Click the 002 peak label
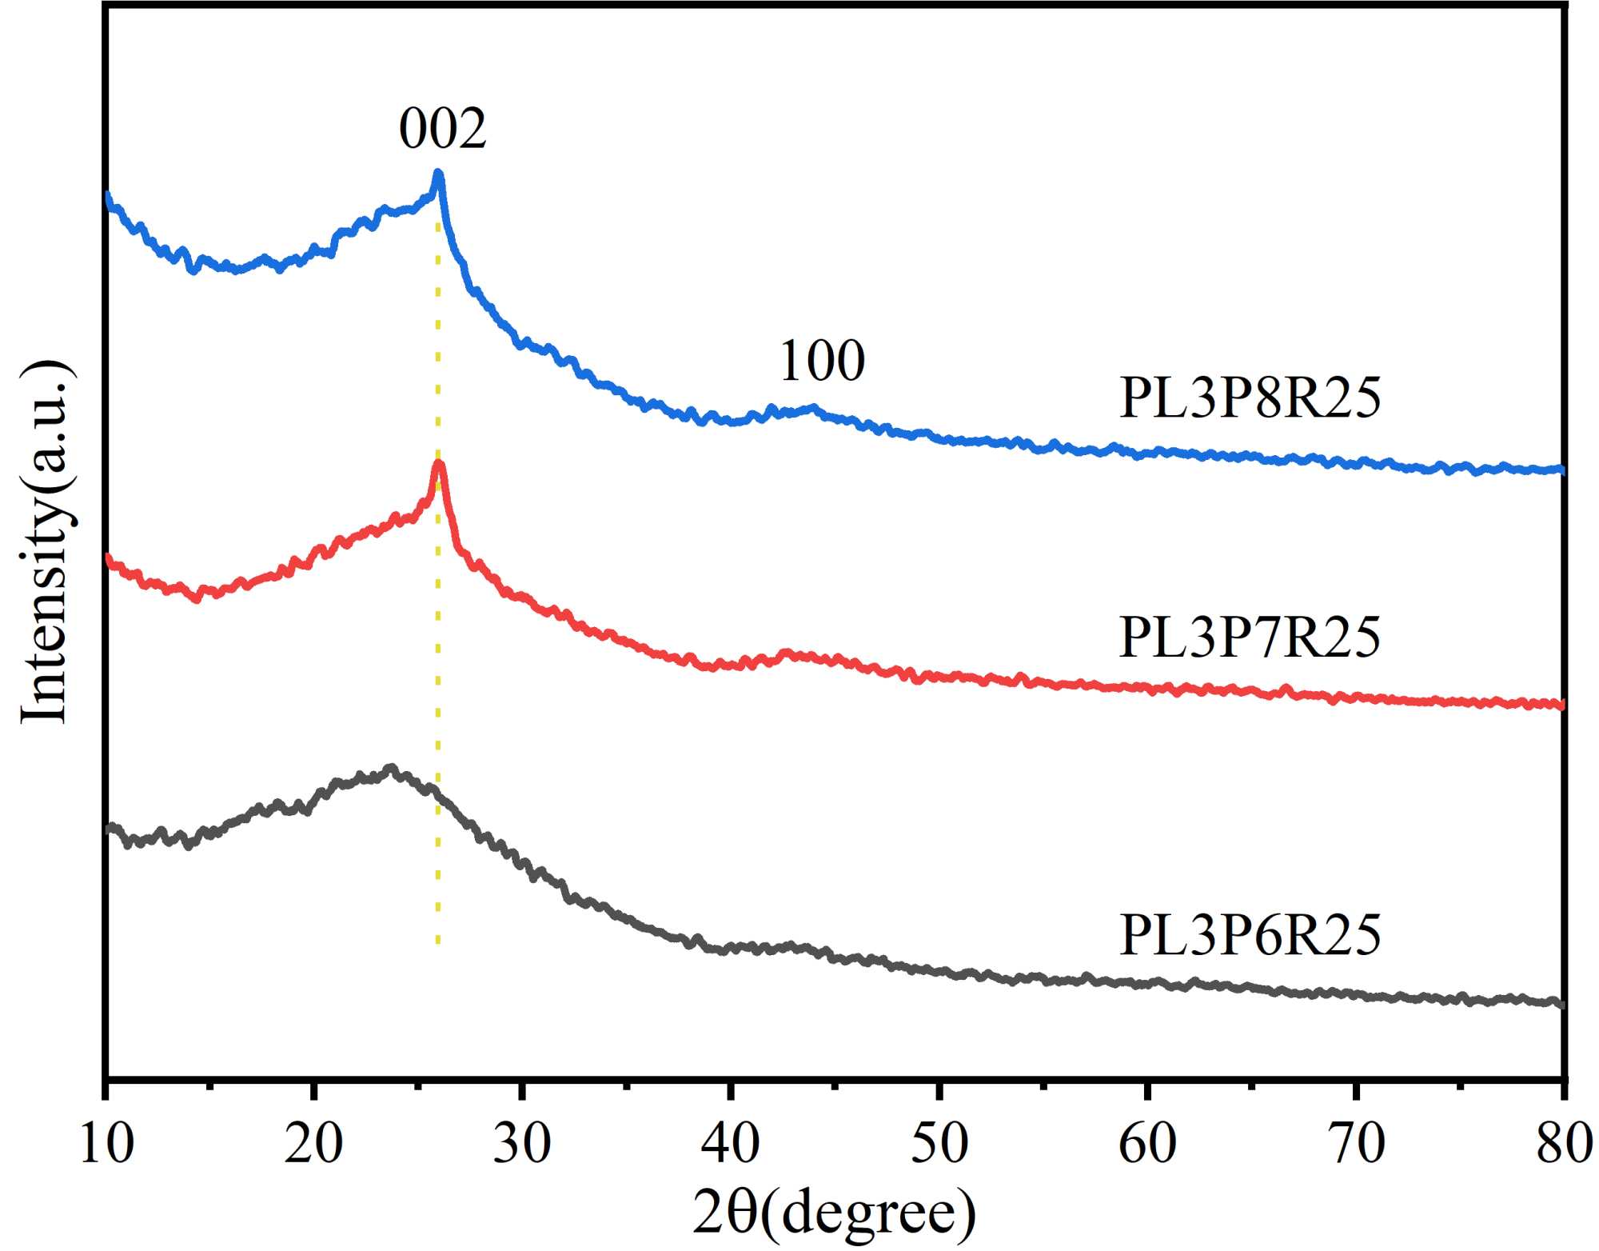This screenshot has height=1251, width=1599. pos(443,129)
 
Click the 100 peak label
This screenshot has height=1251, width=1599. pos(822,361)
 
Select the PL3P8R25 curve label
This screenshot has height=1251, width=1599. pos(1250,398)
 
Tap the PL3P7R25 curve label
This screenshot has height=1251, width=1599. pos(1250,637)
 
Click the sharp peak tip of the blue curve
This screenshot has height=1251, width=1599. pos(437,173)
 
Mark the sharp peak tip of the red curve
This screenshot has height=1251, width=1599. pos(438,464)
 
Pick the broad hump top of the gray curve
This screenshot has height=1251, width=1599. pos(390,769)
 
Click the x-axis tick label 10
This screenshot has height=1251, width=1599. pos(106,1143)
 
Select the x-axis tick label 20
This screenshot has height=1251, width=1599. pos(314,1143)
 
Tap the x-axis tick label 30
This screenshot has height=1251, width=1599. pos(522,1143)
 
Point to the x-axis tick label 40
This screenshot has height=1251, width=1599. pos(730,1143)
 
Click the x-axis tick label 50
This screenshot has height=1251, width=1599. pos(939,1143)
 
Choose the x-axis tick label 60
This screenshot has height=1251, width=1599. pos(1147,1143)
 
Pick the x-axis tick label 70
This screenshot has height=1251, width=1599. pos(1356,1143)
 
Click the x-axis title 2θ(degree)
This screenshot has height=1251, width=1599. pos(834,1213)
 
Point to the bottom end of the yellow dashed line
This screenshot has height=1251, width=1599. pos(437,942)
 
